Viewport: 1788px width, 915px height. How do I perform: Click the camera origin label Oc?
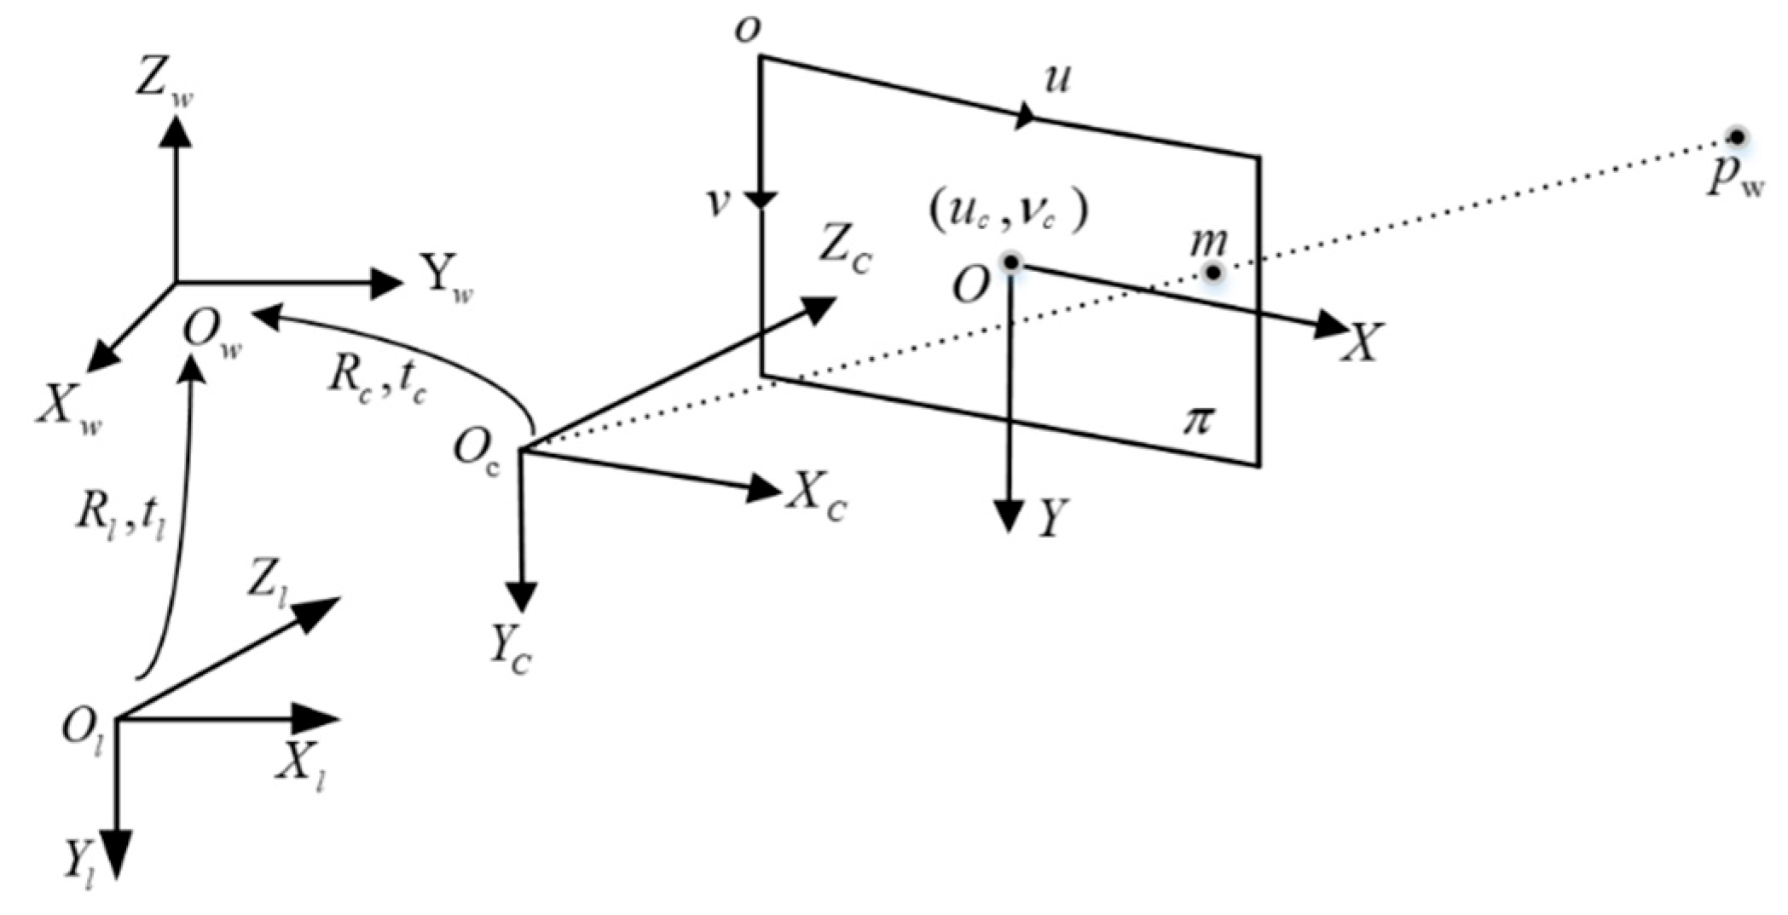(477, 451)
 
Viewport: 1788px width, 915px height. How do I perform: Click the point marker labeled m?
(1212, 273)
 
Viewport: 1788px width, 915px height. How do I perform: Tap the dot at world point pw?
(1734, 137)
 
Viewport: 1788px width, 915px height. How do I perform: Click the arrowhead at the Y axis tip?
(1010, 515)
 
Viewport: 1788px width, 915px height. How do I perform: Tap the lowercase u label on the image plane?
(1057, 79)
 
